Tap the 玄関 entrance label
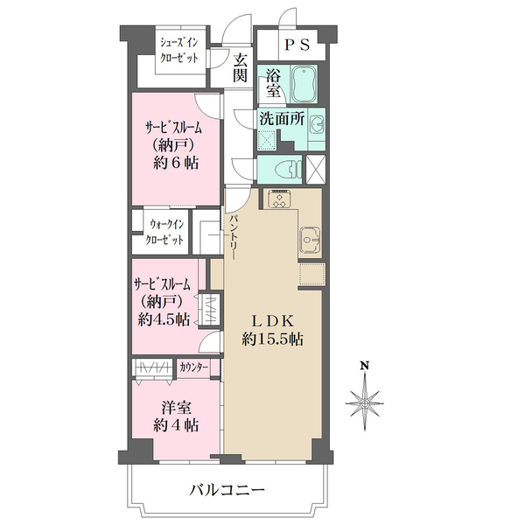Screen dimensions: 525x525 pyautogui.click(x=241, y=68)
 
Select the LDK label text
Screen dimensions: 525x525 pyautogui.click(x=272, y=318)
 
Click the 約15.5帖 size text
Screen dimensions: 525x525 pyautogui.click(x=272, y=339)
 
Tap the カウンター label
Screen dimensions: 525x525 pyautogui.click(x=193, y=367)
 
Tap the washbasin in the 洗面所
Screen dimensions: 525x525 pyautogui.click(x=317, y=123)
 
